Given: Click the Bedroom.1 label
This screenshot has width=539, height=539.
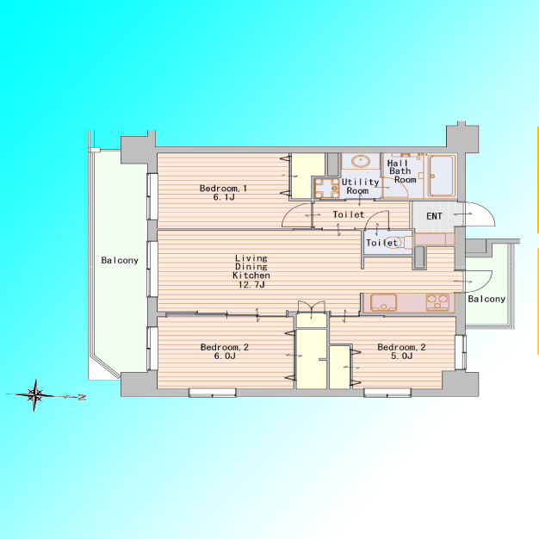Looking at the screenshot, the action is click(223, 189).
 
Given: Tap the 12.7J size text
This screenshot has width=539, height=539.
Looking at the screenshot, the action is click(251, 285).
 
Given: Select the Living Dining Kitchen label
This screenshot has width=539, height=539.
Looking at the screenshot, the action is click(251, 266).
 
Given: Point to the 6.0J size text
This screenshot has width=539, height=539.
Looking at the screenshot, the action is click(225, 356).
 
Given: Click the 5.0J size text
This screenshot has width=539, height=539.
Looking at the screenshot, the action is click(401, 356).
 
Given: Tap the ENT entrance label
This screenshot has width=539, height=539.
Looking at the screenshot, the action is click(434, 216).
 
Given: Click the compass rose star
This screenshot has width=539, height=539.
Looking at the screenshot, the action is click(34, 395).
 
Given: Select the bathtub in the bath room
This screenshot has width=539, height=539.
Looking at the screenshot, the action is click(442, 176).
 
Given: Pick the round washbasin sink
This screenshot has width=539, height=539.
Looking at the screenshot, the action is click(361, 161).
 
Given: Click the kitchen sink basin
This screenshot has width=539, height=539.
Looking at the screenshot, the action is click(384, 302).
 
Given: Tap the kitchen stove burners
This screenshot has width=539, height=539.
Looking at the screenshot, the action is click(437, 302).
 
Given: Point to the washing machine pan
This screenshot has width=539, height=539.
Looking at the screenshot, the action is click(327, 188).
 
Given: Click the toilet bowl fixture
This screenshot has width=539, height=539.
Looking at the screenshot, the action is click(397, 242).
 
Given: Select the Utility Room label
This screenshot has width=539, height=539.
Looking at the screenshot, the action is click(360, 186).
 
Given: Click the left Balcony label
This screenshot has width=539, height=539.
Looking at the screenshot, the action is click(120, 260).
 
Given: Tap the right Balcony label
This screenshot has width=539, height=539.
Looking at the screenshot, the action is click(486, 299).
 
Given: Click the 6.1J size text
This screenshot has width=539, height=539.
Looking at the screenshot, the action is click(224, 197).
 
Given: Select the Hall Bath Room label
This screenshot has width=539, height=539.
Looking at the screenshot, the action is click(401, 171).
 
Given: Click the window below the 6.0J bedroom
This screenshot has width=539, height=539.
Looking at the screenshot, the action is click(213, 393).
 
